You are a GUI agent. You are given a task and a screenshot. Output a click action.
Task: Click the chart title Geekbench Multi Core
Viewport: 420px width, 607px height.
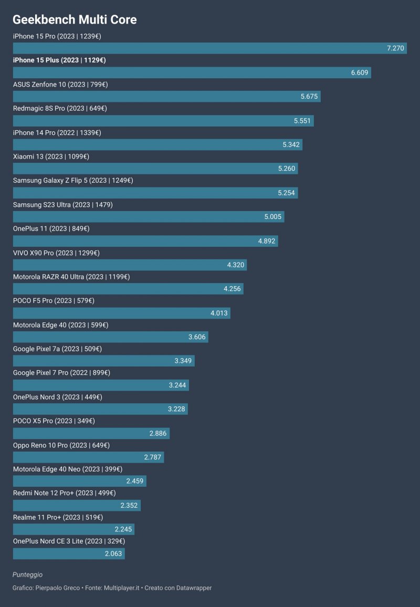75,20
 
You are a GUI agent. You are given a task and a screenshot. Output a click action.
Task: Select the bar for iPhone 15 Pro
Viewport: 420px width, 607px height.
209,48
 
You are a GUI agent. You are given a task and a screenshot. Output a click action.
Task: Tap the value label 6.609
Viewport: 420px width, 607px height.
360,72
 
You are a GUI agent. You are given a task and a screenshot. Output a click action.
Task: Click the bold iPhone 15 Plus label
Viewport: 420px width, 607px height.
59,60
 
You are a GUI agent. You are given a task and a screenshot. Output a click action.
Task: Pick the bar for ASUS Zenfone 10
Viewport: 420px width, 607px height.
166,97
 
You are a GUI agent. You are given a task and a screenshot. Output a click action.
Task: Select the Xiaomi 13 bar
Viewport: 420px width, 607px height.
155,169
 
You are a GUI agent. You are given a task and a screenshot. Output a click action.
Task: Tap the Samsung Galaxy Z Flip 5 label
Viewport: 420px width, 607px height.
73,181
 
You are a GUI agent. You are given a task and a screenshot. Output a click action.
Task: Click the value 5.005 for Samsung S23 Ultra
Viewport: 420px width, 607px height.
273,217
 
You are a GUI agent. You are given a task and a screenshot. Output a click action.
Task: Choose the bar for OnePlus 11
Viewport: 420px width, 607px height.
145,241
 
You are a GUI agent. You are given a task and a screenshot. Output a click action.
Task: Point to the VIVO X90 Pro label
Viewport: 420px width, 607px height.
56,253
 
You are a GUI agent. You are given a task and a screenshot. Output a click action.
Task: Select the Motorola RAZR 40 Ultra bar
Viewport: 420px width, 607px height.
128,289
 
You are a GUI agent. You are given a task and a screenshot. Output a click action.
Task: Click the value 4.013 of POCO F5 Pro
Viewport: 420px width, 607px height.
219,313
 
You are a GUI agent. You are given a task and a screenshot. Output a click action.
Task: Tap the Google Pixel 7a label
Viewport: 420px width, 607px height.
57,349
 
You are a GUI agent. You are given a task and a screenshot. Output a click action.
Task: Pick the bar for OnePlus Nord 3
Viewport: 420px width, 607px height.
100,409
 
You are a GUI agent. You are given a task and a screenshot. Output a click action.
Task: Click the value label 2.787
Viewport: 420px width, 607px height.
153,457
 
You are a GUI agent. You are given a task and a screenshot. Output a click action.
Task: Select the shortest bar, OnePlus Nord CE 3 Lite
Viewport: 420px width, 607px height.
68,553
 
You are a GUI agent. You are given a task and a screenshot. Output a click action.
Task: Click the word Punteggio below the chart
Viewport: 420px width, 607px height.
28,575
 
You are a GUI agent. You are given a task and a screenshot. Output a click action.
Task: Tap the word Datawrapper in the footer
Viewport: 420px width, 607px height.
194,588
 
